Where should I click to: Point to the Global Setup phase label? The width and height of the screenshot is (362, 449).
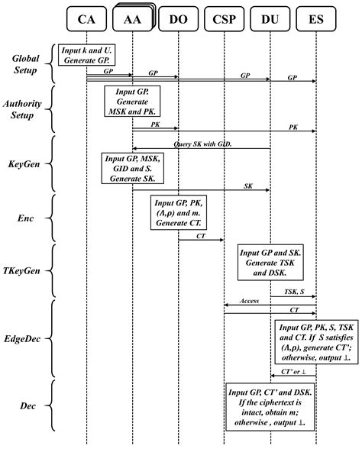tap(27, 64)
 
